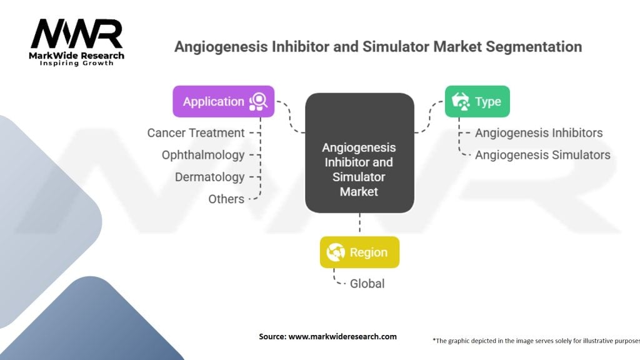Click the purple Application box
pyautogui.click(x=224, y=102)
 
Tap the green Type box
pyautogui.click(x=477, y=102)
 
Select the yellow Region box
pyautogui.click(x=359, y=252)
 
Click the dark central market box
pyautogui.click(x=359, y=152)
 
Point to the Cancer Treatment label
pyautogui.click(x=196, y=133)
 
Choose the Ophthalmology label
pyautogui.click(x=203, y=155)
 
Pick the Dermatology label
pyautogui.click(x=210, y=177)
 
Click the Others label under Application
pyautogui.click(x=226, y=199)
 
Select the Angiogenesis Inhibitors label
pyautogui.click(x=539, y=133)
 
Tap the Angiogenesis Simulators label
pyautogui.click(x=542, y=155)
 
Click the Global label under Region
pyautogui.click(x=367, y=284)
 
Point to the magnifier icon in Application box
pyautogui.click(x=258, y=102)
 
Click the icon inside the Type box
pyautogui.click(x=461, y=102)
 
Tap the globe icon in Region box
pyautogui.click(x=336, y=252)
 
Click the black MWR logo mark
pyautogui.click(x=77, y=34)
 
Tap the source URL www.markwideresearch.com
pyautogui.click(x=342, y=337)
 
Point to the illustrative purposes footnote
pyautogui.click(x=536, y=341)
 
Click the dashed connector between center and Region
pyautogui.click(x=359, y=223)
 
